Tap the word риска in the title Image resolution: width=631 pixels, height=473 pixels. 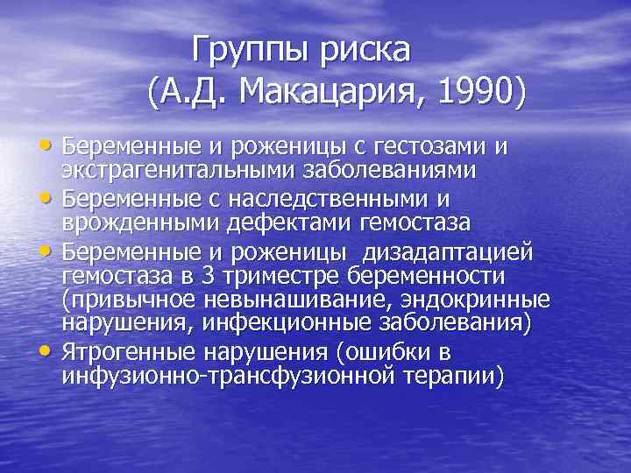click(365, 49)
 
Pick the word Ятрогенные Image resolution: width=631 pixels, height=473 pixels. click(130, 352)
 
